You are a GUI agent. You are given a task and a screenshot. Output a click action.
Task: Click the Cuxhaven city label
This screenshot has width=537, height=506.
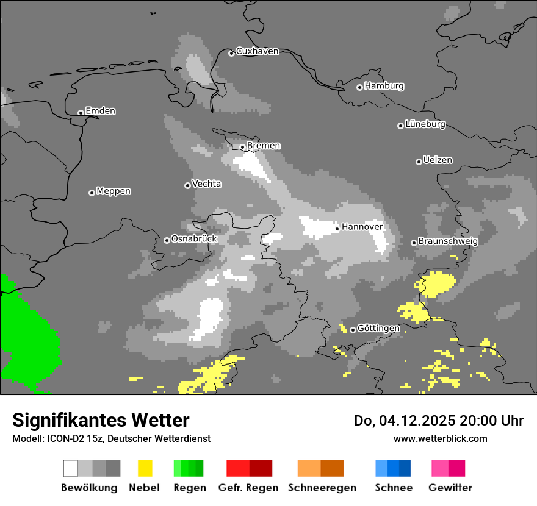pyautogui.click(x=257, y=51)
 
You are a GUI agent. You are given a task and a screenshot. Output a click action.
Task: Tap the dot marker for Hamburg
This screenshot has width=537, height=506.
pyautogui.click(x=359, y=87)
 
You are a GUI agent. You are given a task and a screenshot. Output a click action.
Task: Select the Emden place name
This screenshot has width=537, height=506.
pyautogui.click(x=100, y=111)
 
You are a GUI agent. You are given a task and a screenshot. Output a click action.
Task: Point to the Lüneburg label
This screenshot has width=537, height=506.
pyautogui.click(x=425, y=124)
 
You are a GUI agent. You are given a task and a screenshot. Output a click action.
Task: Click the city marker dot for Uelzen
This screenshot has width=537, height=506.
pyautogui.click(x=419, y=162)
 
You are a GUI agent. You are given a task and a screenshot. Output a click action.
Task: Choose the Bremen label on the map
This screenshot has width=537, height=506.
pyautogui.click(x=264, y=146)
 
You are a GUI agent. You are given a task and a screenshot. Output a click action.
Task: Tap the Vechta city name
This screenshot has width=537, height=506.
pyautogui.click(x=206, y=184)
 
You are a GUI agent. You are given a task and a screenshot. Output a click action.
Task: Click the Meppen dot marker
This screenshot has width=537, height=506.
pyautogui.click(x=92, y=193)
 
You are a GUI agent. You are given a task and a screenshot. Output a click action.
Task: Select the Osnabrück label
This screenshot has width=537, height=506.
pyautogui.click(x=194, y=239)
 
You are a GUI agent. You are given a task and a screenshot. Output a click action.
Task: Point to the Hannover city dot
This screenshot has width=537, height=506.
pyautogui.click(x=337, y=229)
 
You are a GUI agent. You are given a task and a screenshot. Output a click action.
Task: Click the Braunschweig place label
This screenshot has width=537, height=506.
pyautogui.click(x=448, y=241)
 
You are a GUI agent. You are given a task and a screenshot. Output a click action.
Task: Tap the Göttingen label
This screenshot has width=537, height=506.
pyautogui.click(x=378, y=328)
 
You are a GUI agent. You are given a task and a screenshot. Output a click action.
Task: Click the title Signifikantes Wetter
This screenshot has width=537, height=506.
pyautogui.click(x=101, y=420)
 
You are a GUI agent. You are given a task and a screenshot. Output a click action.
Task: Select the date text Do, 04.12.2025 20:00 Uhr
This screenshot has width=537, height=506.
pyautogui.click(x=439, y=421)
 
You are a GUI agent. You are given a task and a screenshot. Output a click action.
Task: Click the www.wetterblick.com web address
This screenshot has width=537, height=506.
pyautogui.click(x=440, y=438)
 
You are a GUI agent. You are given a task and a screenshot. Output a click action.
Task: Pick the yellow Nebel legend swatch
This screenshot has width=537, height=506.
pyautogui.click(x=145, y=468)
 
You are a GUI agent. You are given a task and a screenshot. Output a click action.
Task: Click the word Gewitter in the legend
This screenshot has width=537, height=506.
pyautogui.click(x=450, y=488)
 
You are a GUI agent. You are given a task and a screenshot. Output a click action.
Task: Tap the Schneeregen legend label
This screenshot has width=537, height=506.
pyautogui.click(x=322, y=488)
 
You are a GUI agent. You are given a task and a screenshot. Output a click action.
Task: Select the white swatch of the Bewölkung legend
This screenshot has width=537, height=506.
pyautogui.click(x=71, y=468)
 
